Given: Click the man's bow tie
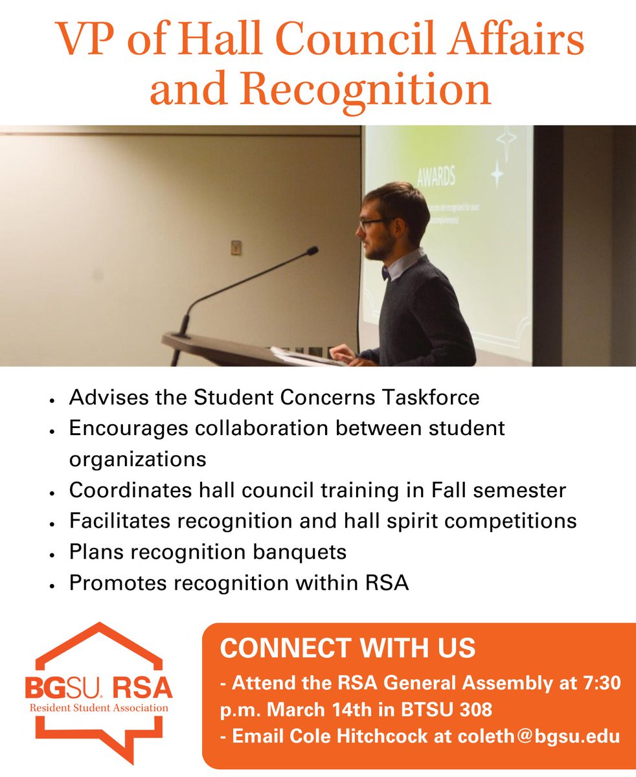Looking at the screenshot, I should (x=385, y=273).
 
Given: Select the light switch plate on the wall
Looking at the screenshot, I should (x=236, y=247).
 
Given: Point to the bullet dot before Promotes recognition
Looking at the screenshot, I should (x=51, y=585).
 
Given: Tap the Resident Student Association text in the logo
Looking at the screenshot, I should (x=98, y=708).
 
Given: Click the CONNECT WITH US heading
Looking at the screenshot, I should (x=348, y=647).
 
